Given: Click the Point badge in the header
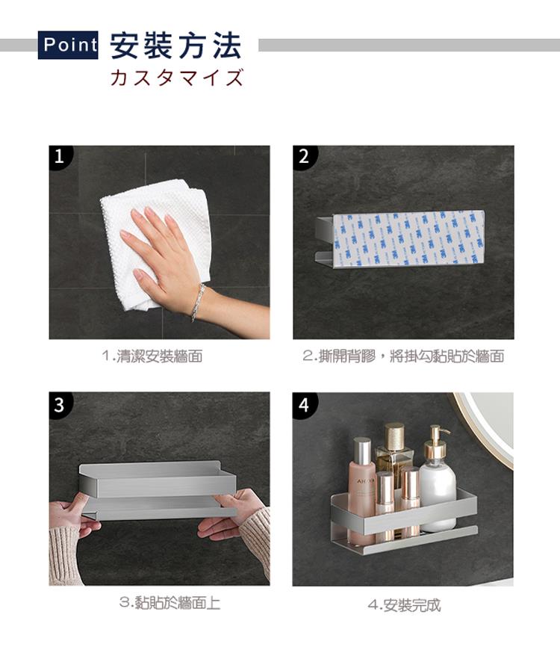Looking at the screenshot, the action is click(x=68, y=45).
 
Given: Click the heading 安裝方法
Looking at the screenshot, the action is click(x=176, y=46).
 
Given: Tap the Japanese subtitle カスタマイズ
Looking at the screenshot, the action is click(x=177, y=78).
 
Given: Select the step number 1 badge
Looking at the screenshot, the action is click(x=60, y=156).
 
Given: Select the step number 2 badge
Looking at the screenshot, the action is click(x=304, y=156).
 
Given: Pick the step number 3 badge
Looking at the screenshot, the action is click(x=60, y=403).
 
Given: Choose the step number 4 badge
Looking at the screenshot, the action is click(x=304, y=403).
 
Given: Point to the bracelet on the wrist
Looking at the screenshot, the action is click(x=198, y=302).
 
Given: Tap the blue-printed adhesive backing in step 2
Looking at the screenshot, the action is click(x=408, y=238).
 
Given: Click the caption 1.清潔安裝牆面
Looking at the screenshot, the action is click(x=152, y=356).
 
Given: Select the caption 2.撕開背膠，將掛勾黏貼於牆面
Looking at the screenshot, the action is click(x=403, y=356).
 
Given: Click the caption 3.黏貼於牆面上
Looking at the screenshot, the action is click(x=169, y=603).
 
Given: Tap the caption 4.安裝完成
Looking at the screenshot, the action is click(x=404, y=605).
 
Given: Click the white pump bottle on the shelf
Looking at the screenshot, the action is click(x=437, y=481).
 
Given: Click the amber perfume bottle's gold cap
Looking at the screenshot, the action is click(x=395, y=436).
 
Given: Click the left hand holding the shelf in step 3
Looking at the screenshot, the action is click(x=71, y=519).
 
